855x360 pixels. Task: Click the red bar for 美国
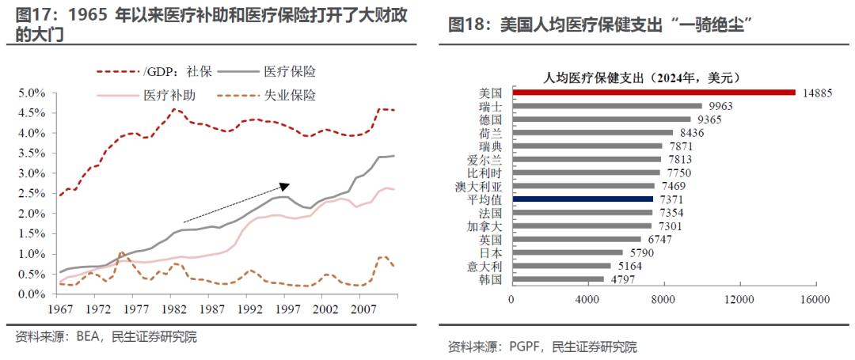(x=653, y=93)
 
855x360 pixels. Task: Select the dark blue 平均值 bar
(x=582, y=199)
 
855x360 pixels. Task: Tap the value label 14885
(x=817, y=93)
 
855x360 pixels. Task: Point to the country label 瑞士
(x=491, y=106)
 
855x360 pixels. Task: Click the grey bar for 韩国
(x=557, y=279)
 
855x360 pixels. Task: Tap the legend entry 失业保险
(x=290, y=96)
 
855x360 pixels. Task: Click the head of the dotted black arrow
(x=287, y=185)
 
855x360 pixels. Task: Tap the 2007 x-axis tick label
(x=361, y=309)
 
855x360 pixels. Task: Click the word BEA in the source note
(x=86, y=337)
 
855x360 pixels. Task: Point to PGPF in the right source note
(x=523, y=347)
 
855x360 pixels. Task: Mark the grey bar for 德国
(x=601, y=119)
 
